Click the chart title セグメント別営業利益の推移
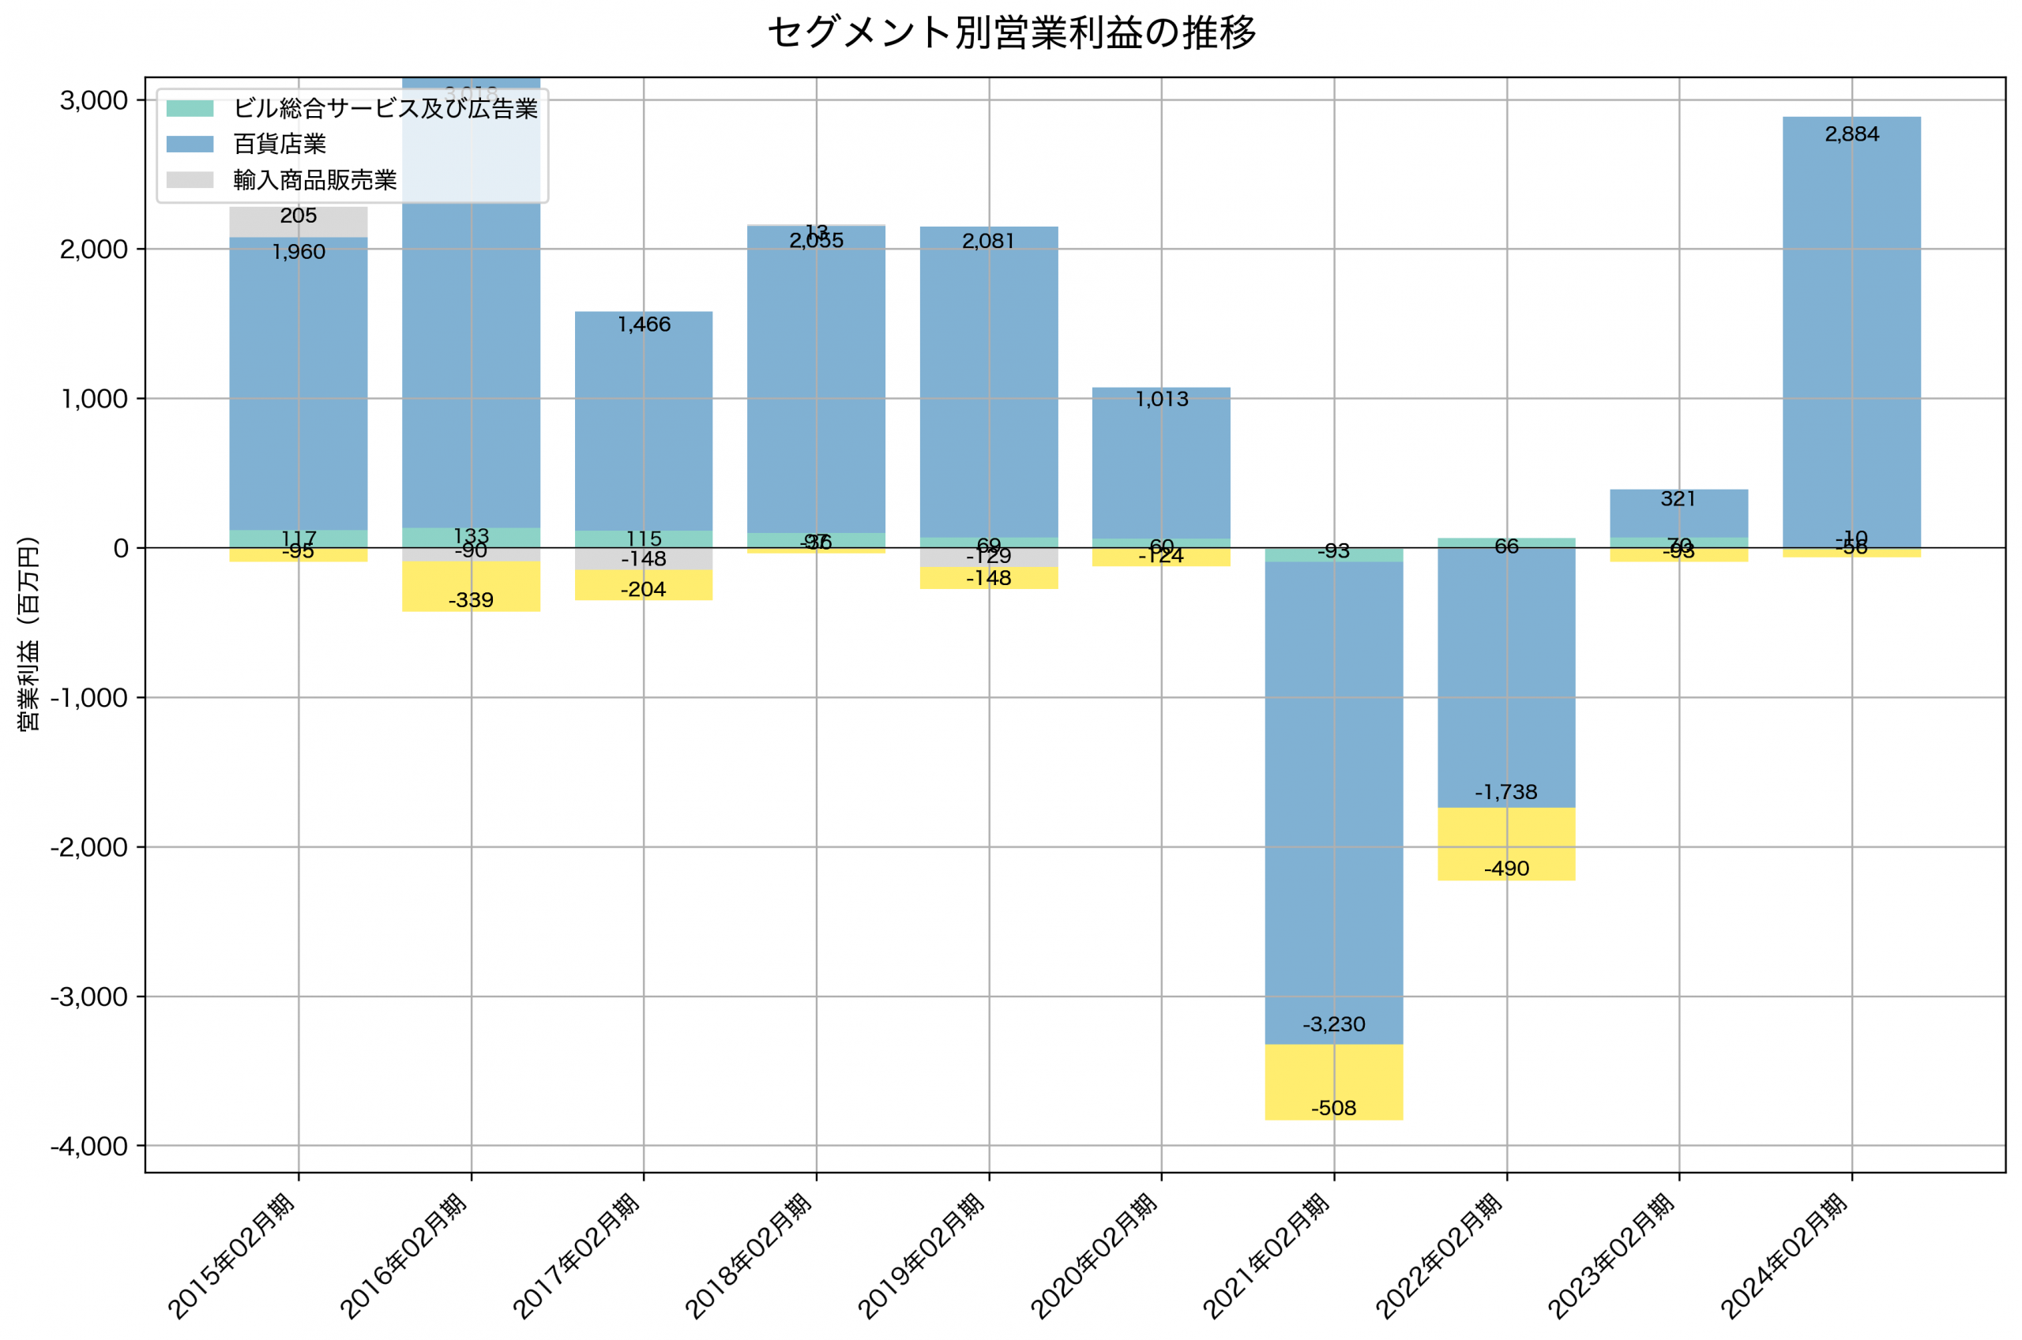pos(1011,33)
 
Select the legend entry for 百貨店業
pos(280,144)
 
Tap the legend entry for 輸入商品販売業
pos(314,179)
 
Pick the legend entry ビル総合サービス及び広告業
pos(385,107)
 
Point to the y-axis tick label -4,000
pos(89,1146)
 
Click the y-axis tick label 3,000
pos(94,100)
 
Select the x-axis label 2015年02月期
pos(231,1256)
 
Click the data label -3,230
pos(1333,1024)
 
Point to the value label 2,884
pos(1851,134)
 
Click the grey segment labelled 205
pos(299,221)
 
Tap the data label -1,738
pos(1505,792)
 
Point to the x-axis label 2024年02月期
pos(1784,1256)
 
